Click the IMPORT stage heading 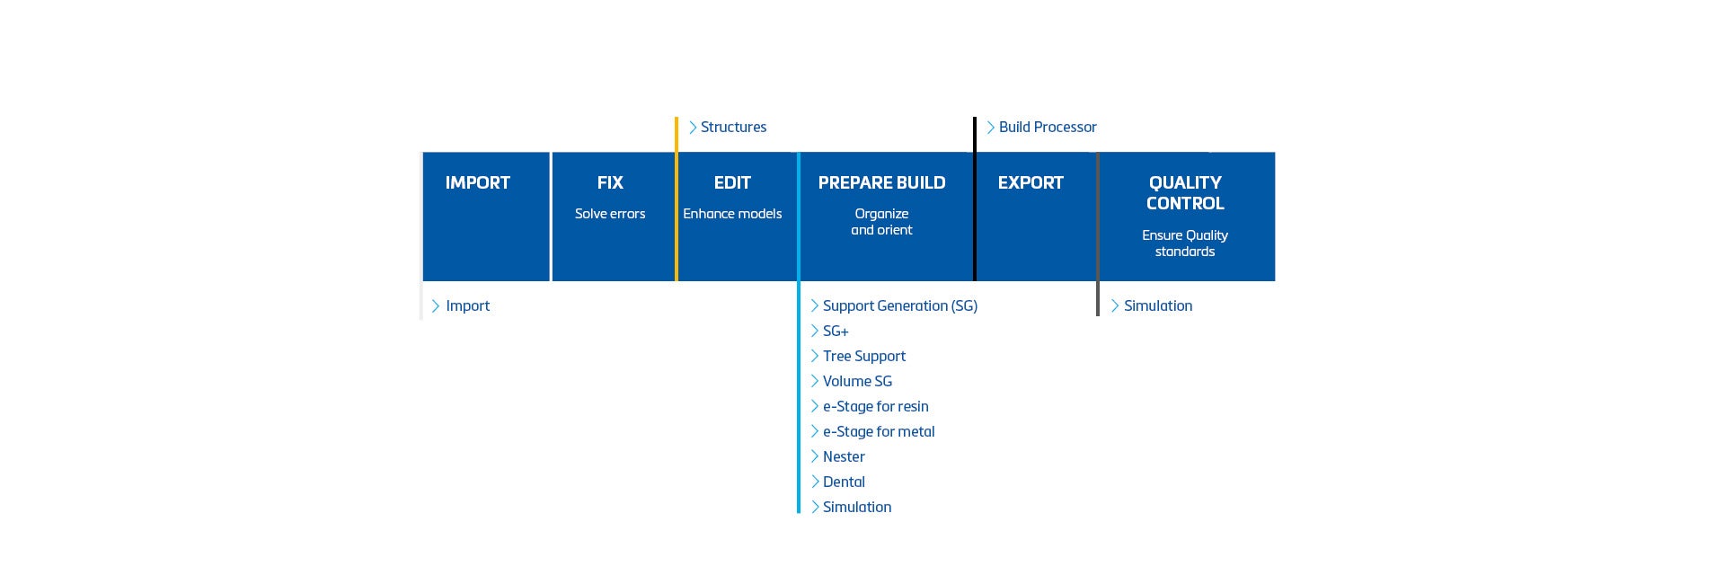(478, 182)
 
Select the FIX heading (610, 182)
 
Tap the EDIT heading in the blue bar (732, 182)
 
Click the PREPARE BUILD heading (881, 182)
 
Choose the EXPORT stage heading (1031, 182)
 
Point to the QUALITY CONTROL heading (1185, 193)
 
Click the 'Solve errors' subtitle (610, 214)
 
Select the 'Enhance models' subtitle (732, 214)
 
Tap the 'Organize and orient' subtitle (881, 222)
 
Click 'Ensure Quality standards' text (1185, 243)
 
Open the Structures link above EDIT (733, 128)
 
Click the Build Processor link (1048, 128)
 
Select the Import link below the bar (467, 306)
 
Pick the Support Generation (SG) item (900, 306)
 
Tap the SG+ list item (836, 332)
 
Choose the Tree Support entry (864, 357)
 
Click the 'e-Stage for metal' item (879, 432)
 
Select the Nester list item (844, 457)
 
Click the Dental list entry (844, 482)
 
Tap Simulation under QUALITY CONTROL (1158, 306)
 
